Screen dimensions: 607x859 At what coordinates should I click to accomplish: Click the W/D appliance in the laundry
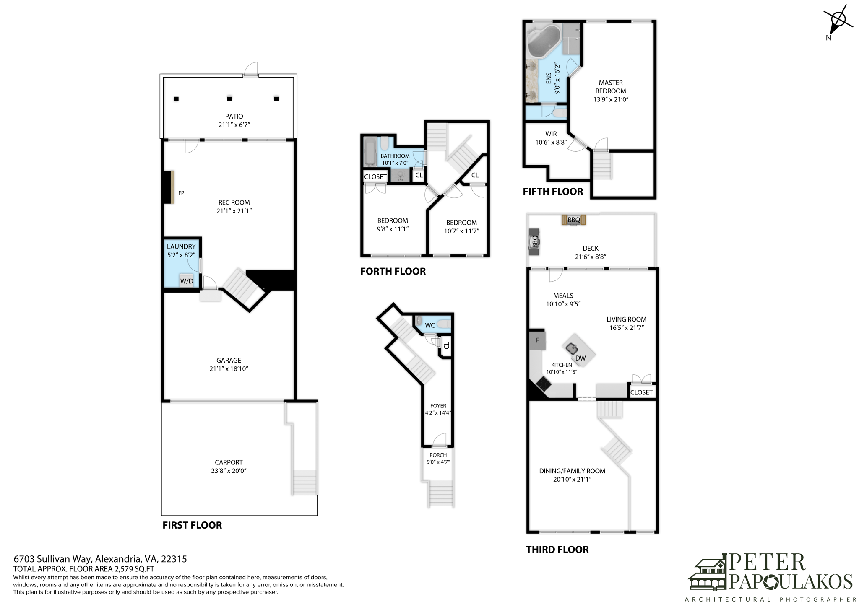tap(187, 281)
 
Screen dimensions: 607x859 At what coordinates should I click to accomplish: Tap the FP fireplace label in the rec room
tap(181, 193)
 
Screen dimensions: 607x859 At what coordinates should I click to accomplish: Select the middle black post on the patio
tap(229, 99)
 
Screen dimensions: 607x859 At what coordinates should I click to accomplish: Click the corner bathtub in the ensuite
tap(544, 41)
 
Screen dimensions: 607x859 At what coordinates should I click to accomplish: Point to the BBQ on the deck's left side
tap(534, 242)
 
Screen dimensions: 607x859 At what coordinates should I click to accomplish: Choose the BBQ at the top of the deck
tap(574, 220)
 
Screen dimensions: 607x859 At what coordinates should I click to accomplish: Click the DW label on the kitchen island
tap(580, 358)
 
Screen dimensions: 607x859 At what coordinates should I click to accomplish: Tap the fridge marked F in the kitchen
tap(537, 340)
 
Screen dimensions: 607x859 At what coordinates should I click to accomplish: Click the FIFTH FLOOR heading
tap(553, 192)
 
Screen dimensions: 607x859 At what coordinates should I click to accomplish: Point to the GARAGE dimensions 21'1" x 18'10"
tap(229, 369)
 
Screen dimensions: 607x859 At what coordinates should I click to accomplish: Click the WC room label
tap(430, 325)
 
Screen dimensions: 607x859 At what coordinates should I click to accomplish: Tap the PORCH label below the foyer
tap(438, 455)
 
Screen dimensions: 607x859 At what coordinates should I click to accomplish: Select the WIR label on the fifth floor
tap(551, 134)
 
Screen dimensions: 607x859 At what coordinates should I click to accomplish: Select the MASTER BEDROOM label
tap(611, 87)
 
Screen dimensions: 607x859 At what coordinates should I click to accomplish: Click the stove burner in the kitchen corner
tap(544, 383)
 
